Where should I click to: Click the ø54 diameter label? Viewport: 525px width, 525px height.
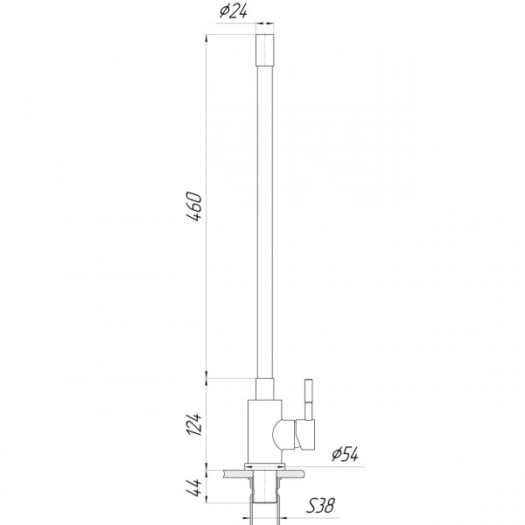pyautogui.click(x=345, y=453)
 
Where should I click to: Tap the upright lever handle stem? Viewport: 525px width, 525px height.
pyautogui.click(x=308, y=398)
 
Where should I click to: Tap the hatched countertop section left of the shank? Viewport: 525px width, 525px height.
pyautogui.click(x=234, y=473)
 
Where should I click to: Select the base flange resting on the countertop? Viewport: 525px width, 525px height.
pyautogui.click(x=265, y=465)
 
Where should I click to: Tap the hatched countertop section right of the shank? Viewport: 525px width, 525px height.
pyautogui.click(x=297, y=473)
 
